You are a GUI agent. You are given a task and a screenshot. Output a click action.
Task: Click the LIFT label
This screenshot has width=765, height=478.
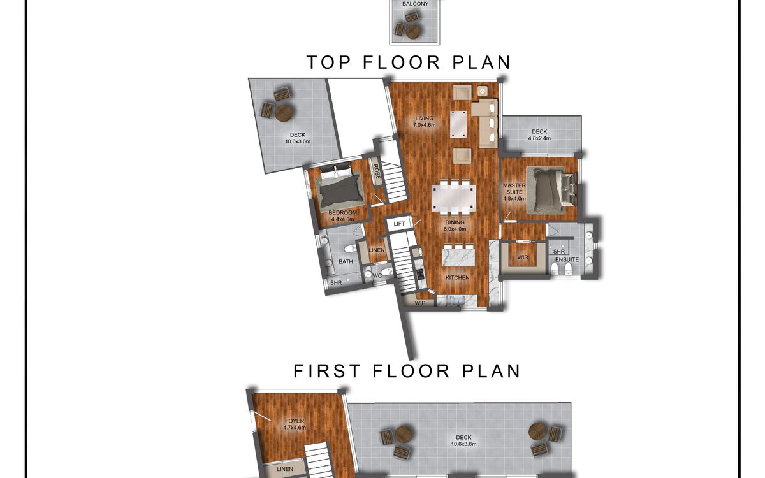(399, 224)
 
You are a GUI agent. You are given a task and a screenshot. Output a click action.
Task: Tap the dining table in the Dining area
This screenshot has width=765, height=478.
(453, 198)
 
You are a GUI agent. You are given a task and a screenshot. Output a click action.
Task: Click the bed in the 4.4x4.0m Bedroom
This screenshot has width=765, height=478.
(340, 187)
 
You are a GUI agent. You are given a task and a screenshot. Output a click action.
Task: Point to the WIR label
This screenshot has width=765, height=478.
(523, 257)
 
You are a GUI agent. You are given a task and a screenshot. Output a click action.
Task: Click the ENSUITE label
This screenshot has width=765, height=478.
(567, 259)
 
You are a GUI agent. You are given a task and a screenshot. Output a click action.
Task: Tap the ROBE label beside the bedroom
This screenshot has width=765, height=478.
(377, 171)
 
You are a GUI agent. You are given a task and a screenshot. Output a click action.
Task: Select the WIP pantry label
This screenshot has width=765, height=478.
(419, 303)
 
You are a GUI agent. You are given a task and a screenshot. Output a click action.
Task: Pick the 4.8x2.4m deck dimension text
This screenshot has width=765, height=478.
(539, 138)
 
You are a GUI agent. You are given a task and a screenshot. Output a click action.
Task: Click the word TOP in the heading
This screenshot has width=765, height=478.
(329, 62)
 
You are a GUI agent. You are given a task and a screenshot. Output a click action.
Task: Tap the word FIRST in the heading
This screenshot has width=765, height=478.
(327, 371)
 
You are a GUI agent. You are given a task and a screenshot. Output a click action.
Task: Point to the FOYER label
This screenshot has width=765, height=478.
(295, 421)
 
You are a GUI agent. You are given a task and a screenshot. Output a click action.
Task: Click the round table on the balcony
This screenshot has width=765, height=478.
(414, 33)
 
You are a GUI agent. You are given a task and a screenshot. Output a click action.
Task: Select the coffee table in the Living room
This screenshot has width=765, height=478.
(458, 124)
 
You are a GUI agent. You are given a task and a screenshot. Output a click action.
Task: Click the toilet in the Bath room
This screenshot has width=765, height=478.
(350, 248)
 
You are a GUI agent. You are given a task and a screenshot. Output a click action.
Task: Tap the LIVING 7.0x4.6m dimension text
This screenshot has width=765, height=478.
(424, 125)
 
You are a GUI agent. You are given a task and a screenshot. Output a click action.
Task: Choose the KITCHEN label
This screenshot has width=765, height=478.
(457, 278)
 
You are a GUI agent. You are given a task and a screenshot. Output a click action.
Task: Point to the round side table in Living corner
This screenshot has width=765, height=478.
(482, 91)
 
